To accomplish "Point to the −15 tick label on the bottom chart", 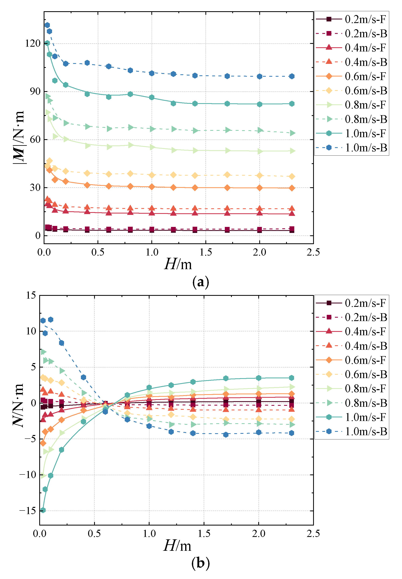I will point(28,511).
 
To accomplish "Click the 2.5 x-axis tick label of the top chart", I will point(313,252).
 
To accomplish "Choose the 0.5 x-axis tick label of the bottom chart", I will point(94,533).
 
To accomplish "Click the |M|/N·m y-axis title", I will point(19,137).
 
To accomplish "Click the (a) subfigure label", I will point(200,282).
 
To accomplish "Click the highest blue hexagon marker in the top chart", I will point(47,25).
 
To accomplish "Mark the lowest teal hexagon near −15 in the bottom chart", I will point(43,510).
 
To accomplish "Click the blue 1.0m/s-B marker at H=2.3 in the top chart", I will point(292,76).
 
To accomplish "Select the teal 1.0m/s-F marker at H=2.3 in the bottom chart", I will point(291,378).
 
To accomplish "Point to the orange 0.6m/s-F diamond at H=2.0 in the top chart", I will point(259,188).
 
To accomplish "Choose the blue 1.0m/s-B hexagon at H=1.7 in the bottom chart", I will point(226,435).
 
